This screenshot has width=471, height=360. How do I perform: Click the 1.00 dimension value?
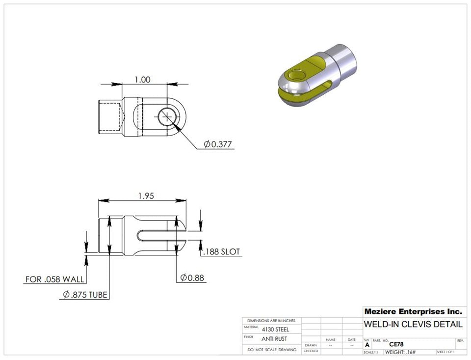click(142, 80)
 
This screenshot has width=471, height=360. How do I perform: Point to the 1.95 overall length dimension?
click(146, 195)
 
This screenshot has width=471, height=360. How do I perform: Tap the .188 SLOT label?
click(221, 252)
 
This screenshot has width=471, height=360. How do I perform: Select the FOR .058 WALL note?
click(55, 279)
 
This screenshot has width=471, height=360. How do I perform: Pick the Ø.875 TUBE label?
click(85, 295)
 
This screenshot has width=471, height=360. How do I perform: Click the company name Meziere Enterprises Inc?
click(413, 311)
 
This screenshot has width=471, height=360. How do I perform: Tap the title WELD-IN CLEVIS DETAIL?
click(413, 325)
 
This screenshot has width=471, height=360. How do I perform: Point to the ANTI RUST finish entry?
click(274, 339)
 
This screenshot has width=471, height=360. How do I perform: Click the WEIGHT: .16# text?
click(400, 352)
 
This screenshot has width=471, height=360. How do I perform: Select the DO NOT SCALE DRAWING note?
click(272, 350)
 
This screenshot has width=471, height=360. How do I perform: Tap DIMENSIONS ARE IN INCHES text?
click(272, 320)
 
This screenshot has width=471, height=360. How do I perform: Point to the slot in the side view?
click(157, 235)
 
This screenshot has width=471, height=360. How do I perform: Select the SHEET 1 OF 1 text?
click(445, 352)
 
